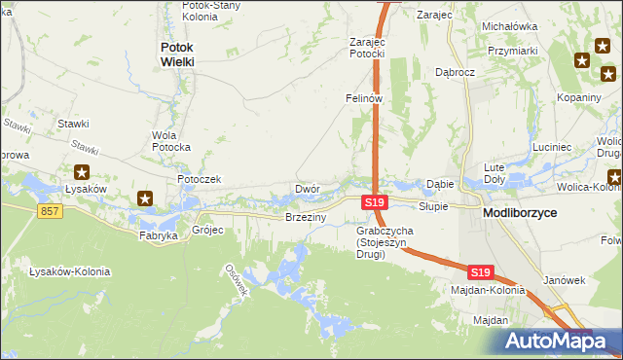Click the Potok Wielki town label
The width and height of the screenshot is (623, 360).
(x=177, y=54)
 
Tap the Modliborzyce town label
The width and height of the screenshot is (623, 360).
(x=521, y=212)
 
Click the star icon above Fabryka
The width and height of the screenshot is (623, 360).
(x=145, y=199)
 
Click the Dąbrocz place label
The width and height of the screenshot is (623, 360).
(x=455, y=72)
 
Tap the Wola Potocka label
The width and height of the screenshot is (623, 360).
(x=170, y=140)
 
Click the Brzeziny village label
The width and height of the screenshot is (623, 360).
(x=304, y=218)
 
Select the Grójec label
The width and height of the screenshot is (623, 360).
(x=208, y=231)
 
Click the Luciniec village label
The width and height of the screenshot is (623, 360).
(x=552, y=147)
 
